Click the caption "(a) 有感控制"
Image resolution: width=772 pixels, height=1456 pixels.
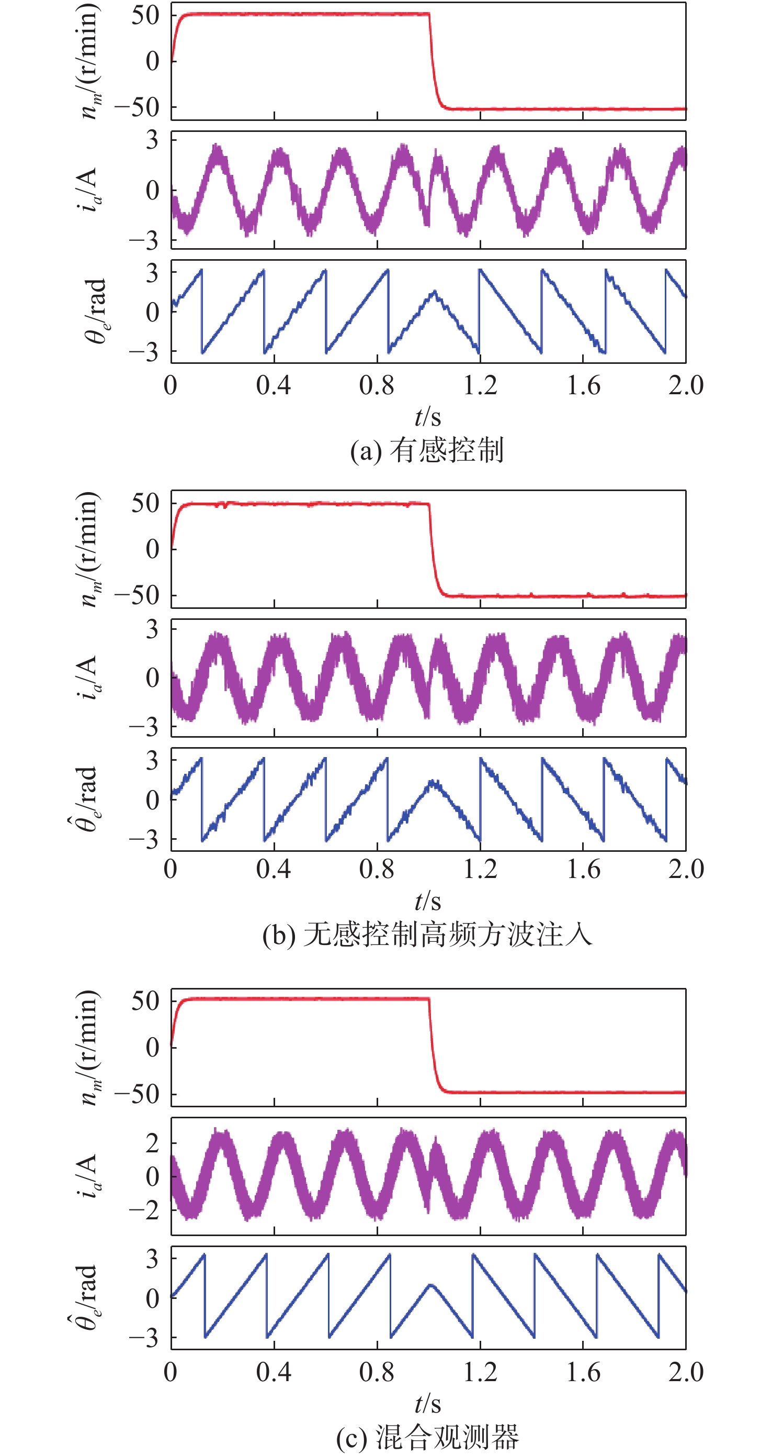427,450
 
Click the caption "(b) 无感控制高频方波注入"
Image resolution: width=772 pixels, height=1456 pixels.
427,935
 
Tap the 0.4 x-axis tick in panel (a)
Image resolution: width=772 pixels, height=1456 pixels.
274,385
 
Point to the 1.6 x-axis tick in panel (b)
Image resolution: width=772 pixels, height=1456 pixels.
583,869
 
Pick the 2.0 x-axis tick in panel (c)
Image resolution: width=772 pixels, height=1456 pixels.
686,1372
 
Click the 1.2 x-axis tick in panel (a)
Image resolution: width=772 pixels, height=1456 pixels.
480,385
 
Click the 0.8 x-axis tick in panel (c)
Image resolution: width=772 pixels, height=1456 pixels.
377,1372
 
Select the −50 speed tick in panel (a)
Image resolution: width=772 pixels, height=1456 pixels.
137,107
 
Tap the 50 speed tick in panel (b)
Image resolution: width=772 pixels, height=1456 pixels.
145,503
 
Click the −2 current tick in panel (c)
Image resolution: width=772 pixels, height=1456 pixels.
144,1209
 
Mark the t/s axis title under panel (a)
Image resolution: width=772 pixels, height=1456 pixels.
427,417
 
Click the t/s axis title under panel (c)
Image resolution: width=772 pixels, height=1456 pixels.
427,1404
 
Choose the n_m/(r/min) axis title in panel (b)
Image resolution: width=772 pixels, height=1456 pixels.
89,549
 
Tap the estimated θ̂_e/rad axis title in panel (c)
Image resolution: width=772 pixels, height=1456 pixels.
85,1297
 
